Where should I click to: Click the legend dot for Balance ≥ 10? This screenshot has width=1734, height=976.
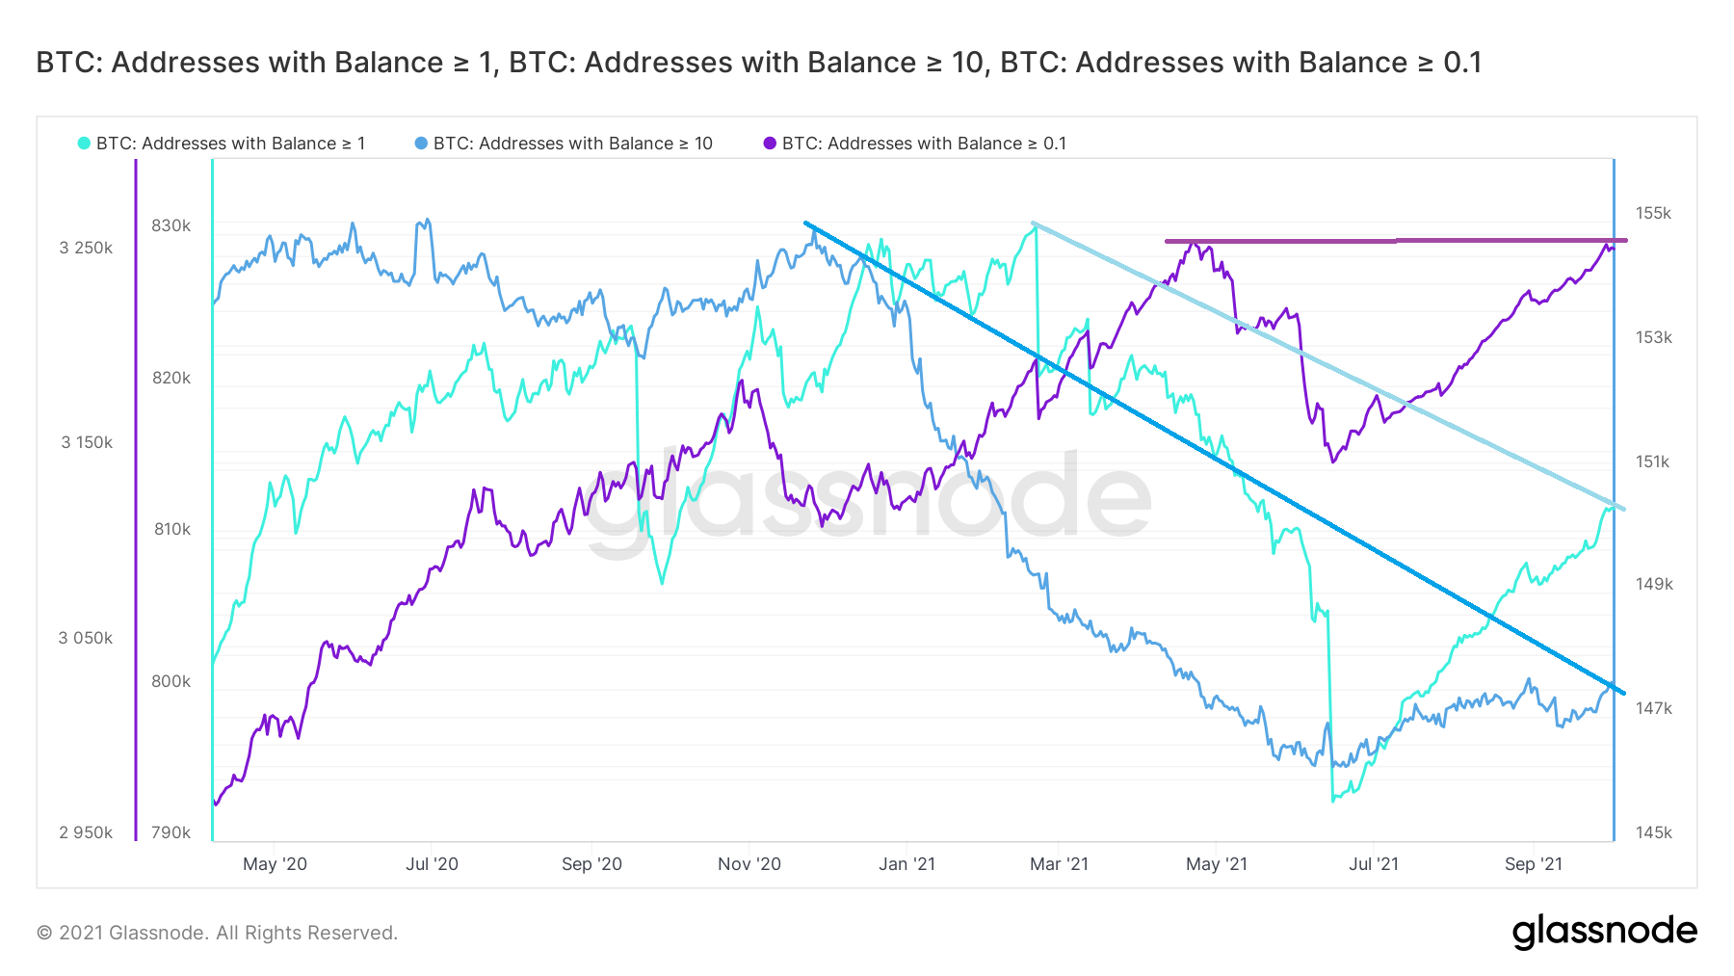[421, 144]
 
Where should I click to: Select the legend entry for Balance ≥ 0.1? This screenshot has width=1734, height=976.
[924, 144]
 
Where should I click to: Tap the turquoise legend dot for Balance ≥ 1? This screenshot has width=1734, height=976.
[84, 144]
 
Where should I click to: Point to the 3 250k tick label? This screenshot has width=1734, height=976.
[86, 248]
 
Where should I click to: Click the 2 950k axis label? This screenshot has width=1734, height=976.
[86, 832]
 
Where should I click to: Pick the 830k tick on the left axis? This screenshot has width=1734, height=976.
[171, 225]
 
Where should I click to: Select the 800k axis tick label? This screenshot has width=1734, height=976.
[171, 681]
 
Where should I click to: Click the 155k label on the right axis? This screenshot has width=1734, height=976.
[1653, 213]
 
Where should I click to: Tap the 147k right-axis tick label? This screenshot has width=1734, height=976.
[1653, 708]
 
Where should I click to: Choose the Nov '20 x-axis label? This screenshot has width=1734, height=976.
[749, 864]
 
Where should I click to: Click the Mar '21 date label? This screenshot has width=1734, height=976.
[1059, 864]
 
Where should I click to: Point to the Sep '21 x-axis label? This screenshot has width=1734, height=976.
[1533, 864]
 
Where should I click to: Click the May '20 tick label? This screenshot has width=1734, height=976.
[275, 864]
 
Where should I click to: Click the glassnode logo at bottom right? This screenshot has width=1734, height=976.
[1604, 932]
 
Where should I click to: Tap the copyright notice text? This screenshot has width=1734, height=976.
[217, 933]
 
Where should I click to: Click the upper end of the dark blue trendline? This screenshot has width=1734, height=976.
[806, 224]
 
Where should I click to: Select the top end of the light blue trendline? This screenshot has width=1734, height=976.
[1034, 224]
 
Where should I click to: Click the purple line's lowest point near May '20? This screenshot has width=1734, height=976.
[216, 804]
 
